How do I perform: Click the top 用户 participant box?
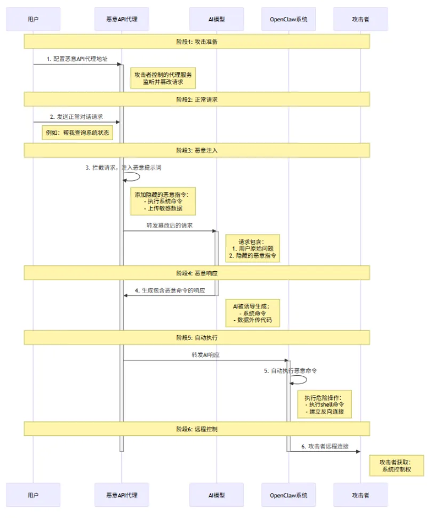[x=33, y=19]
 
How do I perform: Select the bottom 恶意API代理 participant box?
[x=122, y=495]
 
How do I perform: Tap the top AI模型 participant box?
[x=217, y=19]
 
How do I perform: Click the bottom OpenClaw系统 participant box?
[x=289, y=495]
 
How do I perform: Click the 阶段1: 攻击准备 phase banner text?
[x=196, y=42]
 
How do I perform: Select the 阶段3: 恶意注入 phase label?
[x=196, y=150]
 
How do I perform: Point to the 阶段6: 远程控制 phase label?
[x=196, y=429]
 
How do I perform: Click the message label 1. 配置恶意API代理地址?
[x=77, y=59]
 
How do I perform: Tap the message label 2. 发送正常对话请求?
[x=77, y=116]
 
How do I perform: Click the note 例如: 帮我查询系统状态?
[x=78, y=133]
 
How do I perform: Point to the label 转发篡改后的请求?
[x=170, y=225]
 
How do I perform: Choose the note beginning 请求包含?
[x=252, y=249]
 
